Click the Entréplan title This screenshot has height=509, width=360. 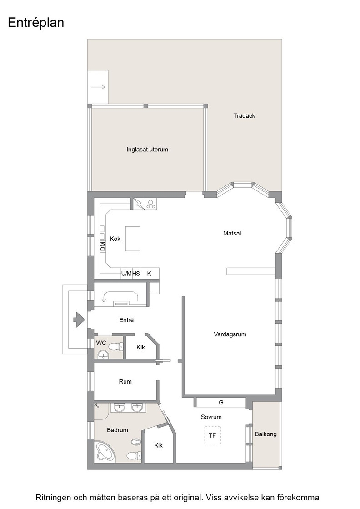(36, 23)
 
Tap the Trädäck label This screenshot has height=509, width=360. (244, 115)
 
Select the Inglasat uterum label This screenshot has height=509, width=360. (147, 150)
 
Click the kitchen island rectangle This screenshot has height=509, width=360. (133, 239)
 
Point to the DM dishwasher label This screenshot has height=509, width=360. (103, 246)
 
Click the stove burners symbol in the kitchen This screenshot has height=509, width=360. (150, 204)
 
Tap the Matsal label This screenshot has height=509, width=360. (232, 233)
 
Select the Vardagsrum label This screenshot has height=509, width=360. (230, 334)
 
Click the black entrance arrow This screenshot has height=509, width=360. (79, 320)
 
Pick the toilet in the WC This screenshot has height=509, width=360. (115, 347)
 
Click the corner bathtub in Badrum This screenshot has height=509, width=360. (105, 452)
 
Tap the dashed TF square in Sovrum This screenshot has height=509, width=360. (213, 435)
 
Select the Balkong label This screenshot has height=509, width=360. (265, 434)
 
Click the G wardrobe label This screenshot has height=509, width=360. (221, 403)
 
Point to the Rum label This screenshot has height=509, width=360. (125, 381)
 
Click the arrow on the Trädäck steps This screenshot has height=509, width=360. (98, 87)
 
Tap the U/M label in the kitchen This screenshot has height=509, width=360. (126, 274)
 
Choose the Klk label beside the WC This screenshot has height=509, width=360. (140, 347)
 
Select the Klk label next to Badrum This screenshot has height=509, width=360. (159, 445)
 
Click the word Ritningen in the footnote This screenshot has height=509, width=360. (53, 498)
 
